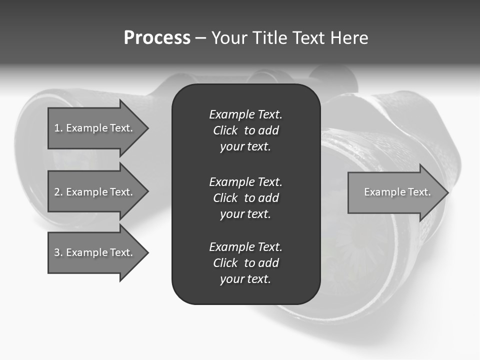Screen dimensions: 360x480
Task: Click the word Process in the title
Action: tap(157, 38)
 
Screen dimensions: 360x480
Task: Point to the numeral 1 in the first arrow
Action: tap(57, 128)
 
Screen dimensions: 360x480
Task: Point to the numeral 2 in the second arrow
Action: tap(57, 192)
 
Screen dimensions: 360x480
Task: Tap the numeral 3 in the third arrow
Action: tap(57, 252)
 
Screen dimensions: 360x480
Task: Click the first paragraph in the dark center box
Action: tap(245, 130)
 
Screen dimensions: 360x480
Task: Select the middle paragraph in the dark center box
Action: tap(245, 198)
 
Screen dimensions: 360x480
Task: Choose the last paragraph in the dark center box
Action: tap(245, 263)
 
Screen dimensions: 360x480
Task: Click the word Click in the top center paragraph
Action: tap(225, 130)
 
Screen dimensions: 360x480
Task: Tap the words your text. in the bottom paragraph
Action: tap(245, 279)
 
